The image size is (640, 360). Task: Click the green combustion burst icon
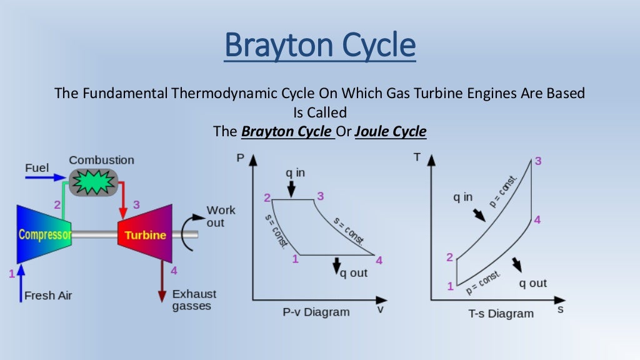(x=94, y=181)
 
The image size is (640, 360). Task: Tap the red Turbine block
(x=145, y=235)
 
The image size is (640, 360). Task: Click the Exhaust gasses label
(x=194, y=299)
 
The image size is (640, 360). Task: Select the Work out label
(x=221, y=216)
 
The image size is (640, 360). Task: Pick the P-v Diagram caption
(x=316, y=311)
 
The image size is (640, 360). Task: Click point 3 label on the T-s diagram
(x=537, y=161)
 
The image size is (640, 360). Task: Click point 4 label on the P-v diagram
(x=379, y=260)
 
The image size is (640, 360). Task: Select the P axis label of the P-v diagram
(x=240, y=158)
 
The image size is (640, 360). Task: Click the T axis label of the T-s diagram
(x=417, y=157)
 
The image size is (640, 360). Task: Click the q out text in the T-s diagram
(x=532, y=283)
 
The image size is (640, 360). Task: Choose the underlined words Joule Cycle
(x=391, y=132)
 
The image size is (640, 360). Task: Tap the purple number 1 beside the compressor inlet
(x=11, y=273)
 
